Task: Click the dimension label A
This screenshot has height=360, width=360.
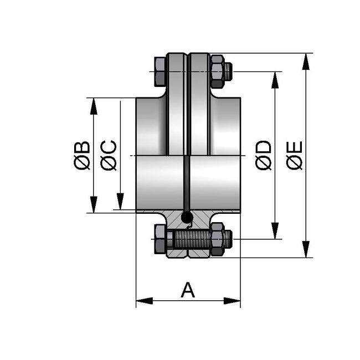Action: point(188,290)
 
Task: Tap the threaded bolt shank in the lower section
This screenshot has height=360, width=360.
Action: point(191,240)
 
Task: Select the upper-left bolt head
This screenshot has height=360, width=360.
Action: point(160,71)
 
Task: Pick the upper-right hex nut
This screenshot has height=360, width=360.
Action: point(217,71)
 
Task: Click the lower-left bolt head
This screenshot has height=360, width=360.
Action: point(160,239)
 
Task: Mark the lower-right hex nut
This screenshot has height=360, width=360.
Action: point(217,239)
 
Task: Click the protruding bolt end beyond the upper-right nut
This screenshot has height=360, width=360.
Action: point(229,71)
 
